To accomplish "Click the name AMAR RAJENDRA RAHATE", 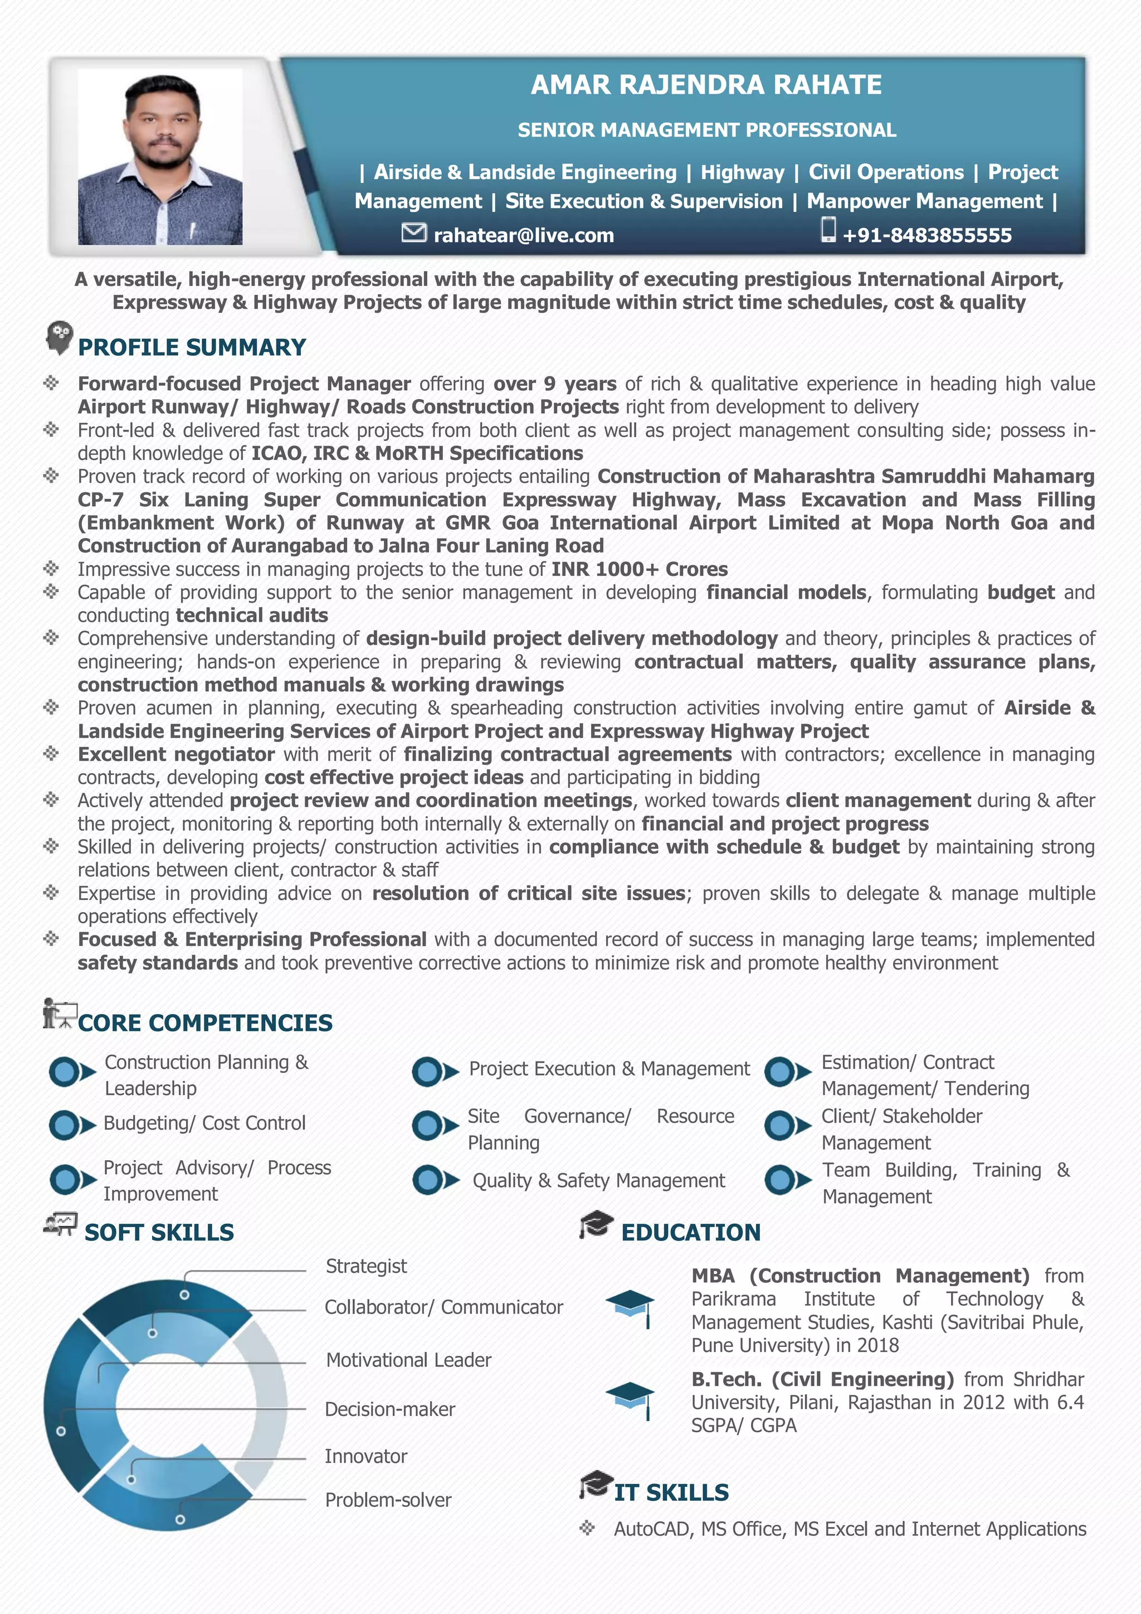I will point(705,85).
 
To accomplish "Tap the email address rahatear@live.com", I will point(524,235).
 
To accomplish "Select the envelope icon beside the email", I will point(414,232).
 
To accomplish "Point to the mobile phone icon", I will point(828,229).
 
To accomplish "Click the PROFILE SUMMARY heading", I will point(192,347).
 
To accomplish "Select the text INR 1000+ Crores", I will point(640,569).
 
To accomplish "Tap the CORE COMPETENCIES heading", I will point(205,1023).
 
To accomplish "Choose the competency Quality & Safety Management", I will point(598,1180).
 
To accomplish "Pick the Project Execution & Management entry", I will point(609,1069).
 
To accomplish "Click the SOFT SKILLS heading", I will point(159,1232).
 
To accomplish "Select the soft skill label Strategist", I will point(366,1266).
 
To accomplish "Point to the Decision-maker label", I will point(390,1409).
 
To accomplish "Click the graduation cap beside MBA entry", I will point(630,1307).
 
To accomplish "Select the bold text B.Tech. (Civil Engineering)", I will point(822,1379).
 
